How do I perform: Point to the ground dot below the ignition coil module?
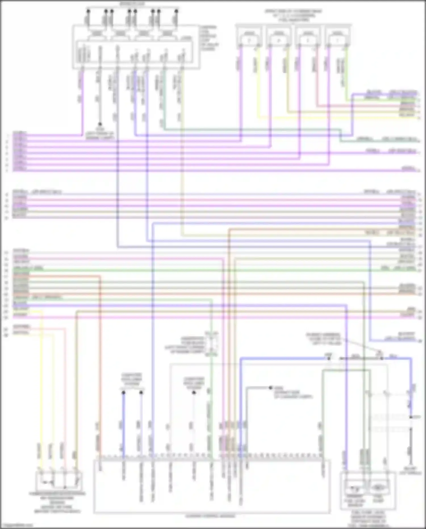coord(100,124)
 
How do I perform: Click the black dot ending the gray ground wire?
coord(271,388)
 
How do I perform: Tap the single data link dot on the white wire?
coord(194,393)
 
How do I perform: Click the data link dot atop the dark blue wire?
coord(123,393)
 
